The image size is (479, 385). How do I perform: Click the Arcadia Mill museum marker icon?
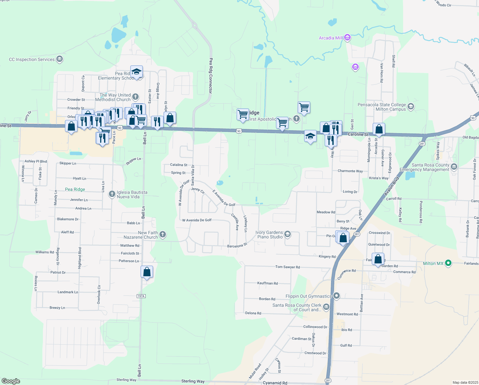click(x=347, y=38)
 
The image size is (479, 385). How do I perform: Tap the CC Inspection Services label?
click(x=32, y=59)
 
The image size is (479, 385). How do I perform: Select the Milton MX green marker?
click(x=448, y=263)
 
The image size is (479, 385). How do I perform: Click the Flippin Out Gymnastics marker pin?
click(x=336, y=296)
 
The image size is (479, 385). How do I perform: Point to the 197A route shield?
click(x=141, y=296)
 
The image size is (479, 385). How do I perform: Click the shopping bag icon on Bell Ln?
click(x=147, y=272)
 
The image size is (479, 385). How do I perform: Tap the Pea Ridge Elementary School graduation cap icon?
click(x=136, y=72)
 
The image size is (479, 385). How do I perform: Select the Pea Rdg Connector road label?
click(x=210, y=76)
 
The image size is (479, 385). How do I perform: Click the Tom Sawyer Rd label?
click(x=288, y=267)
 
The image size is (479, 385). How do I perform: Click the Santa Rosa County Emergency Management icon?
click(x=454, y=167)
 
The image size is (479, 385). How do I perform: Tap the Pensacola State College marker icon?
click(x=411, y=107)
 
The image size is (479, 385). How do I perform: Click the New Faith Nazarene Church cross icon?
click(x=163, y=235)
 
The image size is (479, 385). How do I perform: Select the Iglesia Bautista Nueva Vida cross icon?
click(x=112, y=194)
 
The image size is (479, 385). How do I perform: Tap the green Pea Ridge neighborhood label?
click(x=75, y=189)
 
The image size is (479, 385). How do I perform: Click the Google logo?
click(x=11, y=381)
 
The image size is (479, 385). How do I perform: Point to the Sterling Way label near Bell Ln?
click(x=126, y=380)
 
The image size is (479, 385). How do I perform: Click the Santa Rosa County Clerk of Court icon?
click(x=326, y=307)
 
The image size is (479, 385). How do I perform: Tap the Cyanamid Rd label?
click(x=275, y=383)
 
